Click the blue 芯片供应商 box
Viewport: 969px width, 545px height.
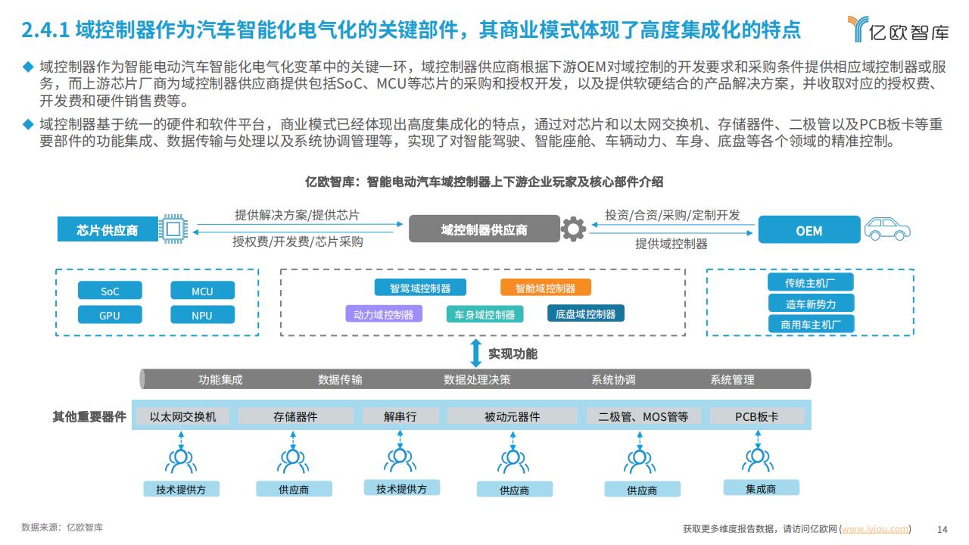click(x=107, y=229)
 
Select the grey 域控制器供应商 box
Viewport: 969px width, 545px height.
click(x=484, y=229)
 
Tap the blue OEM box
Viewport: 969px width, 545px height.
click(x=809, y=229)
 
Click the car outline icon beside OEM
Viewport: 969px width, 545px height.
click(x=887, y=229)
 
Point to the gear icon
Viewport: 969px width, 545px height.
click(x=573, y=229)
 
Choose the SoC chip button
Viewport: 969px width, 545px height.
click(x=110, y=290)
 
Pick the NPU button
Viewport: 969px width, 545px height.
click(x=202, y=315)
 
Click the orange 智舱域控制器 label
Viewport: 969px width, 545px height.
click(x=546, y=288)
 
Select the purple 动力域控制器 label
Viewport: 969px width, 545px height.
click(x=384, y=314)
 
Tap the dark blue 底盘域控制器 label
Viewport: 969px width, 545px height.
click(x=586, y=313)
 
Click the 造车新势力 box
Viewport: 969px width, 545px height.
click(x=811, y=304)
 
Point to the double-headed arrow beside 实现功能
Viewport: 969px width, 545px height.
click(x=476, y=353)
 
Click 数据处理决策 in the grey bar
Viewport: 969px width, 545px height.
click(x=477, y=379)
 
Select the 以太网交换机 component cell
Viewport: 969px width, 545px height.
click(x=182, y=416)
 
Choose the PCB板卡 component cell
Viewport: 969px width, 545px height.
click(x=757, y=416)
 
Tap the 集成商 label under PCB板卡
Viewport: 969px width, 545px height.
click(x=761, y=488)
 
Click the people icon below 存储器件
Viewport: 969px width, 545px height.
click(x=293, y=461)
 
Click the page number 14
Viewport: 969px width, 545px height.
click(x=943, y=529)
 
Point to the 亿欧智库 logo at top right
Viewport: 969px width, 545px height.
click(x=898, y=30)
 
